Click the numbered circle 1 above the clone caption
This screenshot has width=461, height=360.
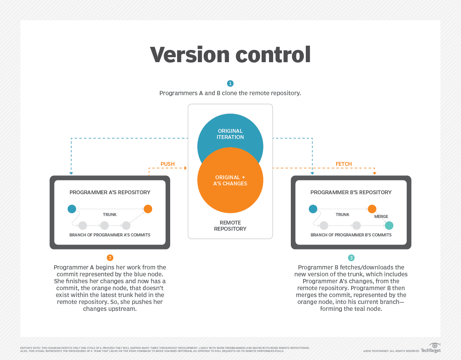[x=230, y=83]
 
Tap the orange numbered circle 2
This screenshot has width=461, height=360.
[x=110, y=258]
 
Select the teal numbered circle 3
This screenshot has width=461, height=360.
[x=351, y=258]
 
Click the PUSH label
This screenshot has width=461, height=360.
[x=167, y=164]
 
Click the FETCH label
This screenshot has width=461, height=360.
[x=343, y=164]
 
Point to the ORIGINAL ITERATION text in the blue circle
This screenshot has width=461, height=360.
[x=230, y=134]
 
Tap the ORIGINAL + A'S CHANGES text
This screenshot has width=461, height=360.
[x=230, y=180]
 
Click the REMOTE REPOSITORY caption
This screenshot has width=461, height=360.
[x=230, y=226]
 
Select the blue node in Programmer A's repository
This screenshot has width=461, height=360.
[x=72, y=209]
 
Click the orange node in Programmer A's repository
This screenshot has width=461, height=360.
[x=148, y=209]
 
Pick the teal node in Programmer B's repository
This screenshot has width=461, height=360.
[x=389, y=225]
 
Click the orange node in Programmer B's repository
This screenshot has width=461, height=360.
[x=372, y=209]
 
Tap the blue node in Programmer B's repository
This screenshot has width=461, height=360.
[x=313, y=209]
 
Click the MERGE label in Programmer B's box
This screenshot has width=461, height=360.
[x=381, y=216]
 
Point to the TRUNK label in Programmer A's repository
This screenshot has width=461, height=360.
[x=109, y=215]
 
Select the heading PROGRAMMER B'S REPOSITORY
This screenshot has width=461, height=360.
[x=351, y=192]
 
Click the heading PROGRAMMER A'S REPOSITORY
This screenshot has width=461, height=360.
[x=110, y=192]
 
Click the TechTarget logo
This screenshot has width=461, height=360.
[x=431, y=348]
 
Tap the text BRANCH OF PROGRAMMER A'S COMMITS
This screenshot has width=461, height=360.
[x=110, y=235]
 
